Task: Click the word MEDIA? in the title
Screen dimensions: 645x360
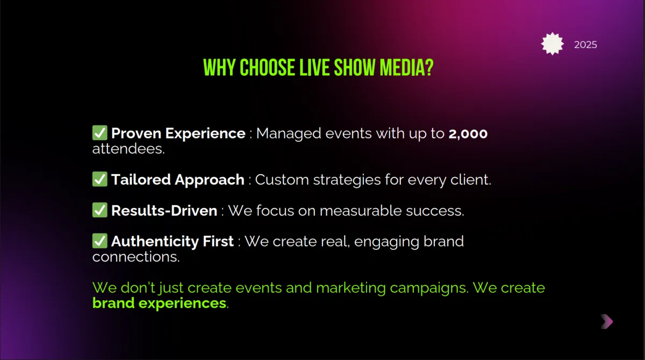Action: click(406, 68)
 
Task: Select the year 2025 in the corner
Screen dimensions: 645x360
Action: click(585, 45)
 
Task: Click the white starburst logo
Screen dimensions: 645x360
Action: click(553, 44)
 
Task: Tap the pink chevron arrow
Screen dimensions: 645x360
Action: click(607, 321)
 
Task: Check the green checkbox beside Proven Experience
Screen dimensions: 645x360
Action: click(100, 133)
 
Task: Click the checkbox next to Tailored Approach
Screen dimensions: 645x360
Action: click(100, 179)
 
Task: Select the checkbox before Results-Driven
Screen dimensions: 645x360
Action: click(100, 210)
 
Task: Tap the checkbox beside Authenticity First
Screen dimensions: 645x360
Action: click(100, 241)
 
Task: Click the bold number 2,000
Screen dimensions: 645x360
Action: click(468, 134)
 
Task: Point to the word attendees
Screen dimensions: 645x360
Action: click(128, 149)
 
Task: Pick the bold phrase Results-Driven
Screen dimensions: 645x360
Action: click(164, 211)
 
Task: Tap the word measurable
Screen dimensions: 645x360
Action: click(361, 211)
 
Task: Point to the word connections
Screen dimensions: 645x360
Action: click(136, 257)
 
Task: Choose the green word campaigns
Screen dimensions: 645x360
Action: click(429, 289)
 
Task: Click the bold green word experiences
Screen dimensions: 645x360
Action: click(182, 304)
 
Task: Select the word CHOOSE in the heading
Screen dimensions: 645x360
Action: click(268, 68)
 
